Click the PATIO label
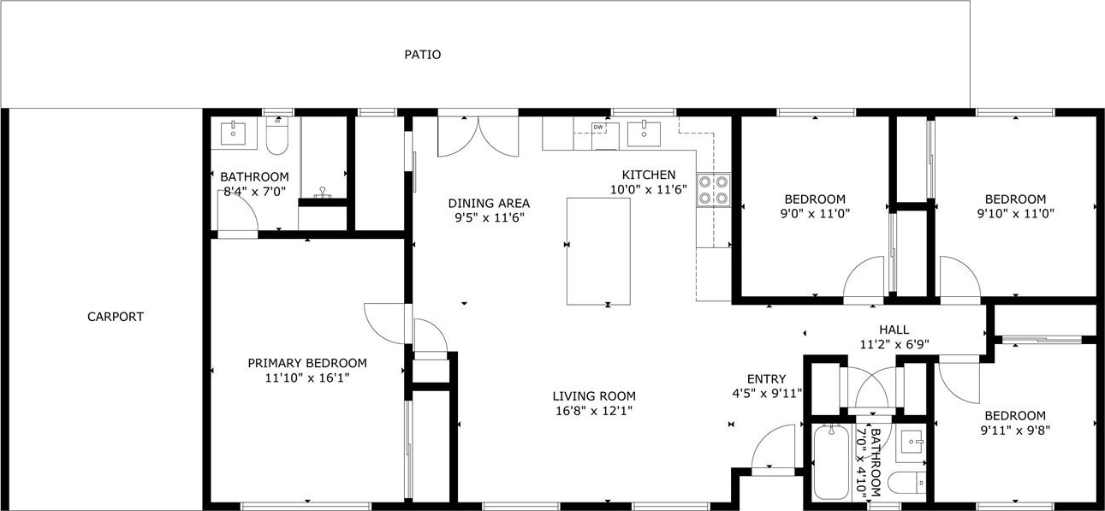point(422,54)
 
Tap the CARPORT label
point(116,317)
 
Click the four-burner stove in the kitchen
point(713,190)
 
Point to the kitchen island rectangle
point(598,252)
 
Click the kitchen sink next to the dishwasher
point(644,134)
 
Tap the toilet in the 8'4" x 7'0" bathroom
point(276,135)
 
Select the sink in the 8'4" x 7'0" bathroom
point(233,134)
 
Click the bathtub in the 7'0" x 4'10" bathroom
point(831,461)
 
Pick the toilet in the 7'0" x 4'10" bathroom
point(906,483)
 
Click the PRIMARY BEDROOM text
point(306,364)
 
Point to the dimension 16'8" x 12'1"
point(594,411)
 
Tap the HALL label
point(894,330)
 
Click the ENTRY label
point(766,379)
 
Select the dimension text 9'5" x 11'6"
point(489,217)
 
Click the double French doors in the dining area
point(478,137)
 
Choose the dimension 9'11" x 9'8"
point(1015,431)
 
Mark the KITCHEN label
point(649,175)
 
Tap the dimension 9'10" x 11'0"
point(1015,214)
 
